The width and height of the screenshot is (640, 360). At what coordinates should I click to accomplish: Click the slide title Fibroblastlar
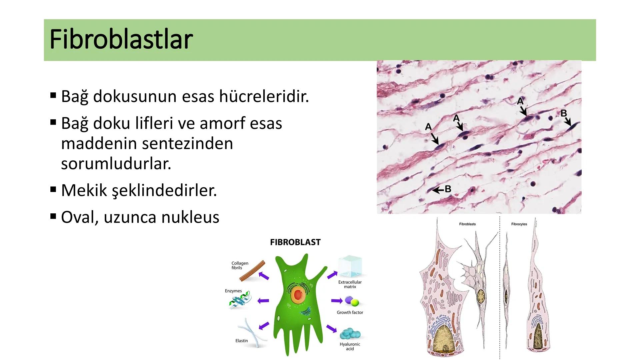coord(121,39)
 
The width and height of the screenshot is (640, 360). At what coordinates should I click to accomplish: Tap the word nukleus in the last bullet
coord(190,217)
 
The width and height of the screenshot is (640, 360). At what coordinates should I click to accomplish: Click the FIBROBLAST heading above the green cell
coord(295,242)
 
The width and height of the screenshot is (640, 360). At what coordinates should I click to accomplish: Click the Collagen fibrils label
coord(240,265)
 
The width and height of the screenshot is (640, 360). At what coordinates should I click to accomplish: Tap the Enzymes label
coord(233,291)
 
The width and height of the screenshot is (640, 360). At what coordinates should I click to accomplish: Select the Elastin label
coord(242,341)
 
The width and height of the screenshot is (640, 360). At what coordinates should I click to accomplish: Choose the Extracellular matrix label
coord(350,284)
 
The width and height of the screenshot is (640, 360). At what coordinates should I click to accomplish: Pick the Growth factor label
coord(350,312)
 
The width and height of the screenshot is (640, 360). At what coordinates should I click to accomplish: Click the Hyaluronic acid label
coord(350,346)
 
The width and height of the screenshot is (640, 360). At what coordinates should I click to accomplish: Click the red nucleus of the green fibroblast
coord(298,295)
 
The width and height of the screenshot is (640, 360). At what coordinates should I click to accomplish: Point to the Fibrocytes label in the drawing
coord(519,224)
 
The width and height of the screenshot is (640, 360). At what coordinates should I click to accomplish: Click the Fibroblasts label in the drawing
coord(467,224)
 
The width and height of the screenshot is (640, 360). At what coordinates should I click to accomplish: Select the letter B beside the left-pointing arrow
coord(448,189)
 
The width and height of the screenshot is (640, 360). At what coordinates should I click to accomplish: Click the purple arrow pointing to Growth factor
coord(337,301)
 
